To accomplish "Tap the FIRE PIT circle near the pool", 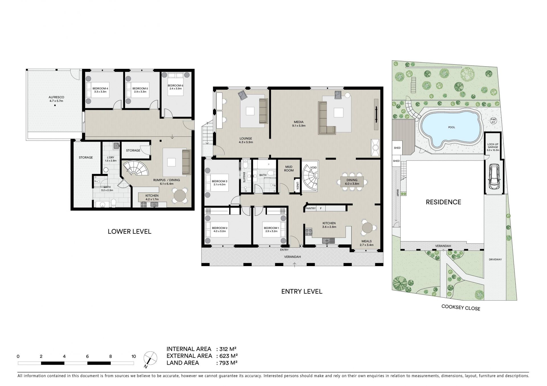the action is (x=493, y=121).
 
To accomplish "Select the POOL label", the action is (x=452, y=127).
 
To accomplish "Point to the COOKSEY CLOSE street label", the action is (x=460, y=308).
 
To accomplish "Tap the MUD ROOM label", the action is (x=289, y=169).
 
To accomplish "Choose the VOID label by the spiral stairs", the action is (x=313, y=168).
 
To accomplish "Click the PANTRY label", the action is (x=310, y=208).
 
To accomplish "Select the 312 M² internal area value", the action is (x=226, y=349).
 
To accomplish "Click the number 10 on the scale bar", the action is (x=134, y=356).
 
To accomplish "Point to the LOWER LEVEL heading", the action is (x=129, y=231).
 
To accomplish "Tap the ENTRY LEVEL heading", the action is (x=302, y=291).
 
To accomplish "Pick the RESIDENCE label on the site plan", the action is (x=443, y=202).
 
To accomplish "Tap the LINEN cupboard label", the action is (x=297, y=185).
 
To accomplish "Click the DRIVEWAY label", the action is (x=495, y=260).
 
